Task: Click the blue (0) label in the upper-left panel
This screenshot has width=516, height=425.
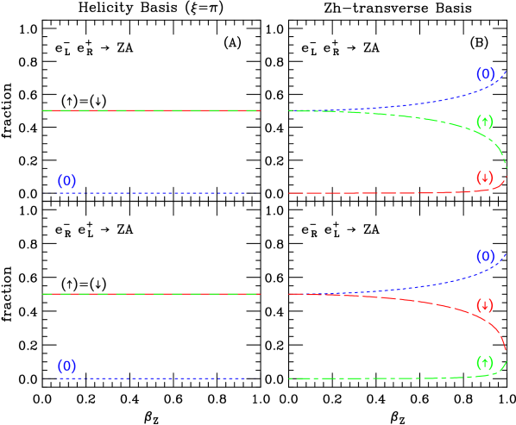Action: [x=66, y=181]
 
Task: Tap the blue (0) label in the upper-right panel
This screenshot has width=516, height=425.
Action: [x=485, y=74]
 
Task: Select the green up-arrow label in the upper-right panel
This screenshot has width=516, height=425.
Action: [x=485, y=122]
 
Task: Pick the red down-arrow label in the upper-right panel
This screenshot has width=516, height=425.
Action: [x=485, y=178]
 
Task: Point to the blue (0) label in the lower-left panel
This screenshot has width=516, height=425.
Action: [x=66, y=366]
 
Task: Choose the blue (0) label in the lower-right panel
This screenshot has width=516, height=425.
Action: [x=485, y=257]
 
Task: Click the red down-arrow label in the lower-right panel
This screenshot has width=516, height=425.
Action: [x=485, y=305]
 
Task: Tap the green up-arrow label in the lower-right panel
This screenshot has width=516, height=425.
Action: [x=485, y=362]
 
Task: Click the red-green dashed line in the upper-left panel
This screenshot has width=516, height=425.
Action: [x=151, y=110]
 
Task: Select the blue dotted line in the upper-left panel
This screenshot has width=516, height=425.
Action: [x=151, y=193]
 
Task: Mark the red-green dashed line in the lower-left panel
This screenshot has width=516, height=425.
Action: [x=151, y=294]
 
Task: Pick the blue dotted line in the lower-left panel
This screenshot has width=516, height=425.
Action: [x=151, y=378]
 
